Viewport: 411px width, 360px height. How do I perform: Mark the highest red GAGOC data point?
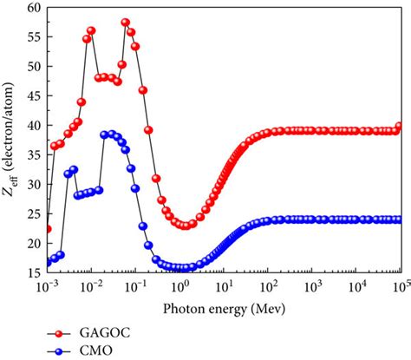point(126,23)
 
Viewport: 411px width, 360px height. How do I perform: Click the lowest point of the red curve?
point(185,226)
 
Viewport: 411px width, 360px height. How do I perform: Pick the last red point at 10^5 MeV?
point(400,127)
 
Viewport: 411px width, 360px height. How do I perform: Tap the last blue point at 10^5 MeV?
point(400,219)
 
